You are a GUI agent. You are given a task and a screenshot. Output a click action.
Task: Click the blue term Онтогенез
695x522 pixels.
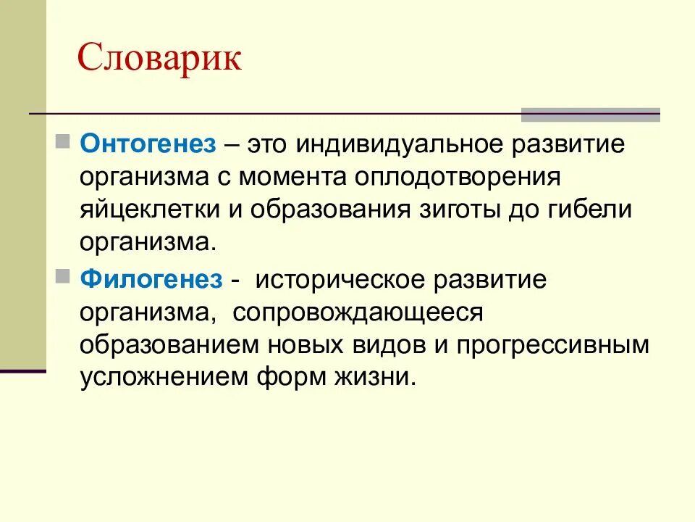[148, 144]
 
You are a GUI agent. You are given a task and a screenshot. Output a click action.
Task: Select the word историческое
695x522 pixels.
[350, 280]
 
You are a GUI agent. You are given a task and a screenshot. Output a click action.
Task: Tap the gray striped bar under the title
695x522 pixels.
[590, 115]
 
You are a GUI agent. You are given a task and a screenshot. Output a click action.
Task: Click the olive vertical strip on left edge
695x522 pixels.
[22, 181]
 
